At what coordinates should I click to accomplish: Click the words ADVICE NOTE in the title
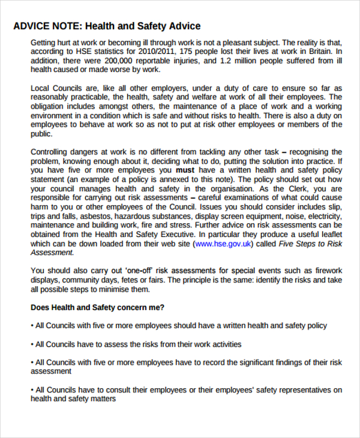pos(47,26)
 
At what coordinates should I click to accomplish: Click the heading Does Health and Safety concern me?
pos(97,307)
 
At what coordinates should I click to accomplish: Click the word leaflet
pos(328,235)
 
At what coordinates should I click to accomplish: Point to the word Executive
pos(173,235)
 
